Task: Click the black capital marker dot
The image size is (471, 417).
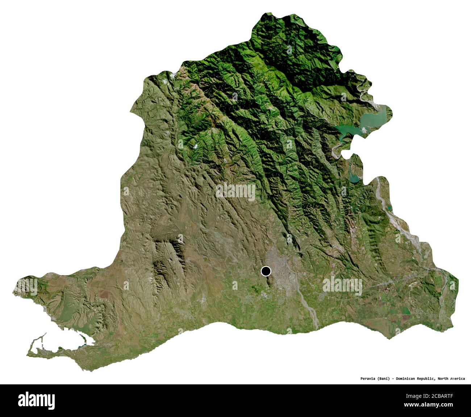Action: pos(266,271)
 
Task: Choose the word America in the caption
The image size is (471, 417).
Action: pos(458,379)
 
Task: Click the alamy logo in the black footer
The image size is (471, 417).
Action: pos(37,400)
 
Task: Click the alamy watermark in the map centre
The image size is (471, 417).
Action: pos(236,191)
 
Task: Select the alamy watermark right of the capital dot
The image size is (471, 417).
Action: pos(342,285)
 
